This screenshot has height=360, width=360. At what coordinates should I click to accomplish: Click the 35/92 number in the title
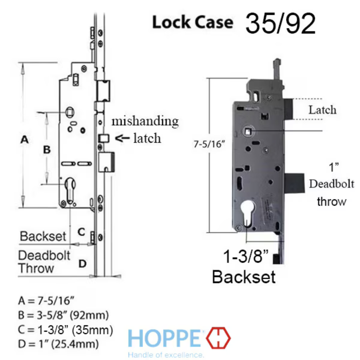[280, 24]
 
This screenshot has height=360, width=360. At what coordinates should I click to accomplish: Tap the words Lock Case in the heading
[193, 22]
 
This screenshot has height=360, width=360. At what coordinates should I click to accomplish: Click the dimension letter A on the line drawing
[25, 140]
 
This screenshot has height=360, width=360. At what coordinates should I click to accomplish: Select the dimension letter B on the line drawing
[47, 150]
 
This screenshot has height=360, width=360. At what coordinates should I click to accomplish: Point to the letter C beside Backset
[82, 232]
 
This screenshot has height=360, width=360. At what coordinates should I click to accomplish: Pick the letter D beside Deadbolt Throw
[83, 264]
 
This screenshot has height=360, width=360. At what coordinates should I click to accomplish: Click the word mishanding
[145, 121]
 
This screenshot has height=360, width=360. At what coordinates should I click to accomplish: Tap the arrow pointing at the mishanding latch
[122, 138]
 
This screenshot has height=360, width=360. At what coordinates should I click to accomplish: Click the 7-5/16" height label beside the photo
[209, 144]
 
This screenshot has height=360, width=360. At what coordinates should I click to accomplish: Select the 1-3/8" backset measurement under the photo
[246, 256]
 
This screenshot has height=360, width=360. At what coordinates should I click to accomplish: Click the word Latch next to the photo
[322, 110]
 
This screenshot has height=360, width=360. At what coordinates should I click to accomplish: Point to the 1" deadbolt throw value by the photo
[334, 167]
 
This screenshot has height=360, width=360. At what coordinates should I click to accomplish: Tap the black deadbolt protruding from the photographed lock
[294, 183]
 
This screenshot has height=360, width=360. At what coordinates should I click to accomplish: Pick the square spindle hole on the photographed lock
[248, 132]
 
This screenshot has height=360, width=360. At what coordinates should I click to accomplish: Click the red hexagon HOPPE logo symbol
[218, 338]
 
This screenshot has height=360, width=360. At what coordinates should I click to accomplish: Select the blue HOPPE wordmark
[164, 338]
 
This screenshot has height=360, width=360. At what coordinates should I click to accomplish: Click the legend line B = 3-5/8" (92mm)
[63, 315]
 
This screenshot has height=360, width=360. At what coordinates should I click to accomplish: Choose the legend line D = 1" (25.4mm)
[58, 344]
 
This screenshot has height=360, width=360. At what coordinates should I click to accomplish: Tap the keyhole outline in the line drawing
[70, 190]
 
